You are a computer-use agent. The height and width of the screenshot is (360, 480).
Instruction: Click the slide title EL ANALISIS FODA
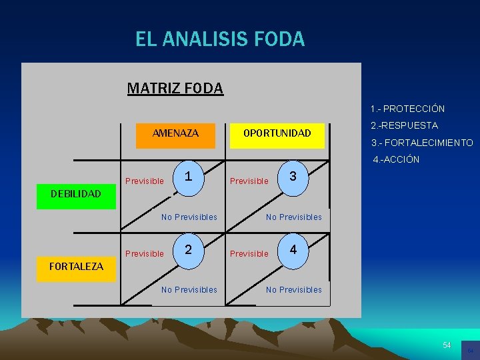click(220, 39)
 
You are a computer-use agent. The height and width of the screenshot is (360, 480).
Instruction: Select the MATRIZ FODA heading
click(175, 88)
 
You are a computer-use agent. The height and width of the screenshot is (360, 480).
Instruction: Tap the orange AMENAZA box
click(175, 133)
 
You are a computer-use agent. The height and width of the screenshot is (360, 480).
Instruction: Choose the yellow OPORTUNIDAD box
click(277, 133)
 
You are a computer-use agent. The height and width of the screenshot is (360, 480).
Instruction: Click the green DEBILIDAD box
click(76, 194)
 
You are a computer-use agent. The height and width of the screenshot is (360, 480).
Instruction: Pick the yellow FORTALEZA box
click(76, 267)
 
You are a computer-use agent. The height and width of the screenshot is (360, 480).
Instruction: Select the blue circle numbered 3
click(293, 177)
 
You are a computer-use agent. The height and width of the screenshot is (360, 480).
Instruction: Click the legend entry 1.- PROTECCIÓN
click(408, 109)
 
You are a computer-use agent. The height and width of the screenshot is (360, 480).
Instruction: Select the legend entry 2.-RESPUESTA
click(404, 125)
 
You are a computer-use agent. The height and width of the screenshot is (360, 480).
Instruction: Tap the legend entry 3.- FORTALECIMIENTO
click(422, 143)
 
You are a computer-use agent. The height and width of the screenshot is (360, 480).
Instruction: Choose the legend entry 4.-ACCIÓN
click(396, 159)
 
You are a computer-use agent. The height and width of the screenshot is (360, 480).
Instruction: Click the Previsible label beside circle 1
click(144, 181)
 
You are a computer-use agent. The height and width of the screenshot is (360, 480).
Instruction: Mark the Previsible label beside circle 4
click(249, 253)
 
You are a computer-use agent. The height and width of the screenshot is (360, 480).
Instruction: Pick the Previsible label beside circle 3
click(249, 181)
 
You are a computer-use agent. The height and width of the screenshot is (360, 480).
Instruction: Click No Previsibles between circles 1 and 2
click(189, 217)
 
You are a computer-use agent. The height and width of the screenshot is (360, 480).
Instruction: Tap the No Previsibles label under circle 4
click(293, 289)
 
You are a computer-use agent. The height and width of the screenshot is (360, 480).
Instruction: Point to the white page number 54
click(447, 345)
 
